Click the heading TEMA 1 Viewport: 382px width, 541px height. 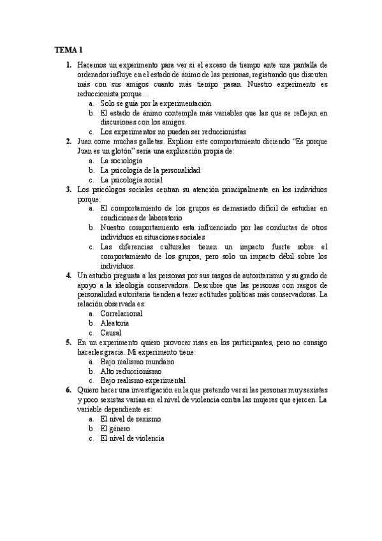[68, 50]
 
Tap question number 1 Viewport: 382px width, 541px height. [68, 64]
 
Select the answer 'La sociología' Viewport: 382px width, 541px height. [122, 161]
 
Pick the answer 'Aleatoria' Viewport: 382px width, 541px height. [115, 323]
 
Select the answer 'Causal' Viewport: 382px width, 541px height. [111, 332]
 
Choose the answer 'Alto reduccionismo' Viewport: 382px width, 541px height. [131, 371]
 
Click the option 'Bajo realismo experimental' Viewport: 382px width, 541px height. [143, 380]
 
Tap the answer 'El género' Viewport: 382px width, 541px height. [116, 428]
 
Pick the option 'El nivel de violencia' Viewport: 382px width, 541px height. [132, 438]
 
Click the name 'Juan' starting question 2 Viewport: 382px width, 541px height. [84, 142]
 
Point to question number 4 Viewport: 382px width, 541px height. [68, 275]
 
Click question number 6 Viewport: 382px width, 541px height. [68, 390]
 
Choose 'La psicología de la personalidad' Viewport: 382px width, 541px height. [151, 170]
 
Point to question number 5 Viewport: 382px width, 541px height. [68, 342]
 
